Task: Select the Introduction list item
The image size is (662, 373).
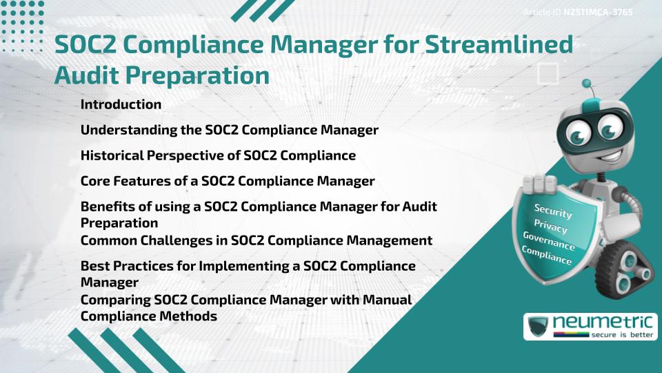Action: click(121, 105)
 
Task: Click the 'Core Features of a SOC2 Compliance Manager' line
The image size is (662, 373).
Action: click(228, 181)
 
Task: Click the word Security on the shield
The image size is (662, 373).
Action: click(553, 211)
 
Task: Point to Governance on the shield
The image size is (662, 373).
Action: click(549, 242)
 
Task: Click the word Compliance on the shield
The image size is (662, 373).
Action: click(547, 256)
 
